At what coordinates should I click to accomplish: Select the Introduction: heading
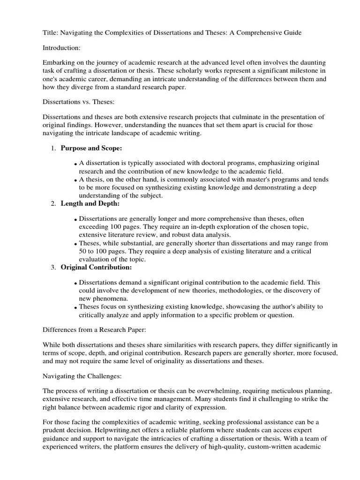coord(62,48)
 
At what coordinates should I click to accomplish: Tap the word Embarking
coord(59,63)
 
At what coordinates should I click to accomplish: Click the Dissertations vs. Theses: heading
coord(75,101)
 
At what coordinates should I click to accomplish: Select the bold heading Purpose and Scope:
coord(91,148)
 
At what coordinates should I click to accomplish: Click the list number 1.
coord(52,149)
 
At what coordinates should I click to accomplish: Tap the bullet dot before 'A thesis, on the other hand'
coord(75,180)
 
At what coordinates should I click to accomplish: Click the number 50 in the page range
coord(83,251)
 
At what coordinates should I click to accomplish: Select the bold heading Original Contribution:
coord(96,267)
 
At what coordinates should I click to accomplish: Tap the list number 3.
coord(52,268)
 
